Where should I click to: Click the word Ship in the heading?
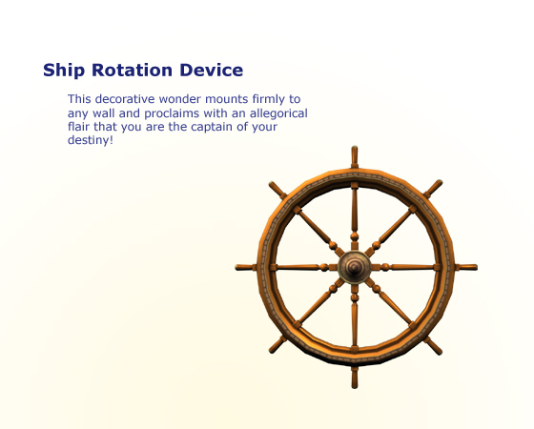(64, 71)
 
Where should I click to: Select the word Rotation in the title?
(133, 71)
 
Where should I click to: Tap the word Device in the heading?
(211, 71)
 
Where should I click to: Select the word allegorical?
(278, 113)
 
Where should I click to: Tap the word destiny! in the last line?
(91, 140)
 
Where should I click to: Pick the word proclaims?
(172, 113)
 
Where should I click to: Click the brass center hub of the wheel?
(355, 267)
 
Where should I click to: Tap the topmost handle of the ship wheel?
(355, 157)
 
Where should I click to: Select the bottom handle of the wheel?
(355, 378)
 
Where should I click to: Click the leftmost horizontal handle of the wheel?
(246, 267)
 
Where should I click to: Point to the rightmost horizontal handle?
(466, 267)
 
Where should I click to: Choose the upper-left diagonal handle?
(277, 191)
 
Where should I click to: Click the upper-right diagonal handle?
(433, 189)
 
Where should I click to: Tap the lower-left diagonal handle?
(277, 344)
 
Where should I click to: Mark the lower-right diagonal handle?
(433, 346)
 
